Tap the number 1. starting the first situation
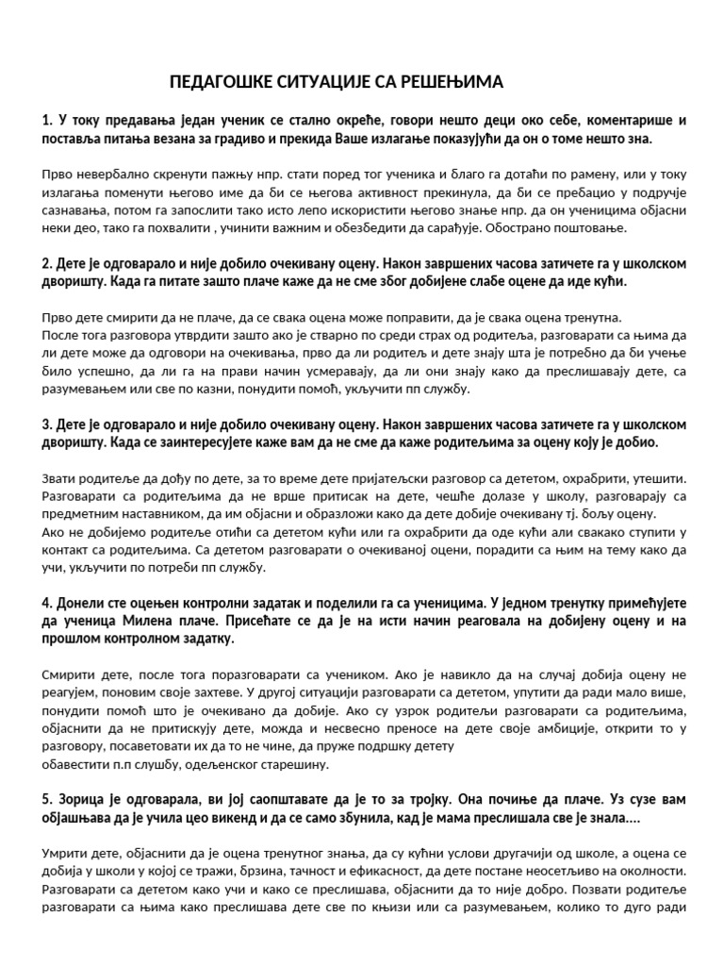pyautogui.click(x=48, y=120)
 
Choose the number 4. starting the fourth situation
pyautogui.click(x=48, y=602)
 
